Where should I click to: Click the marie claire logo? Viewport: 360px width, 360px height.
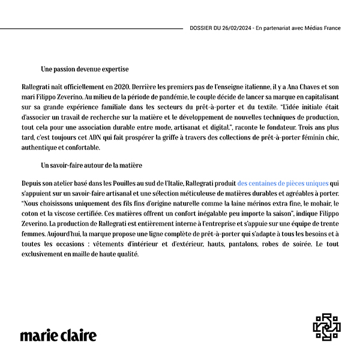tap(58, 335)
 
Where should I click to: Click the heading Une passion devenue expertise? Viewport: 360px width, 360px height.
tap(85, 69)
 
